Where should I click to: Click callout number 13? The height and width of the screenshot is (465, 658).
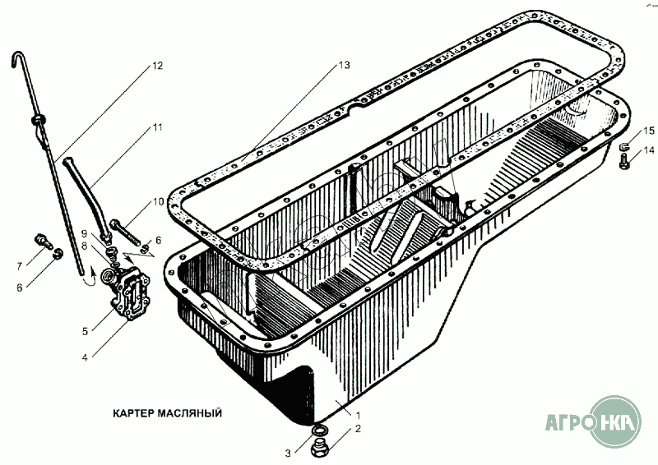click(x=344, y=66)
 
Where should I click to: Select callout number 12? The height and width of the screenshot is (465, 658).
click(x=157, y=66)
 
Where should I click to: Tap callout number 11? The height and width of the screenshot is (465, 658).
click(x=157, y=127)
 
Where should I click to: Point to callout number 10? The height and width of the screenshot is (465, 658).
click(x=158, y=202)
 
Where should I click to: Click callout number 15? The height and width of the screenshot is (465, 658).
click(x=649, y=131)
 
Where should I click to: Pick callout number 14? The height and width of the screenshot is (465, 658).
click(x=649, y=150)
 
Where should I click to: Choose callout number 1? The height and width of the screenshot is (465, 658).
click(x=358, y=416)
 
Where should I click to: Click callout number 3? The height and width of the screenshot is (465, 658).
click(x=288, y=453)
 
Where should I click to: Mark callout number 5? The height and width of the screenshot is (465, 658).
click(x=86, y=331)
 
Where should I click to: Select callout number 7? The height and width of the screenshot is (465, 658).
click(x=19, y=266)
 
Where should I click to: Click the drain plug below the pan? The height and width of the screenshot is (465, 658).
click(x=322, y=449)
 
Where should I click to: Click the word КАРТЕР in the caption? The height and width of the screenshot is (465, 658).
click(x=134, y=413)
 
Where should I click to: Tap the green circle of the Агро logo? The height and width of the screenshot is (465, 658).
click(x=615, y=421)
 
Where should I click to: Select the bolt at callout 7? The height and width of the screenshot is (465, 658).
click(x=44, y=240)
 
